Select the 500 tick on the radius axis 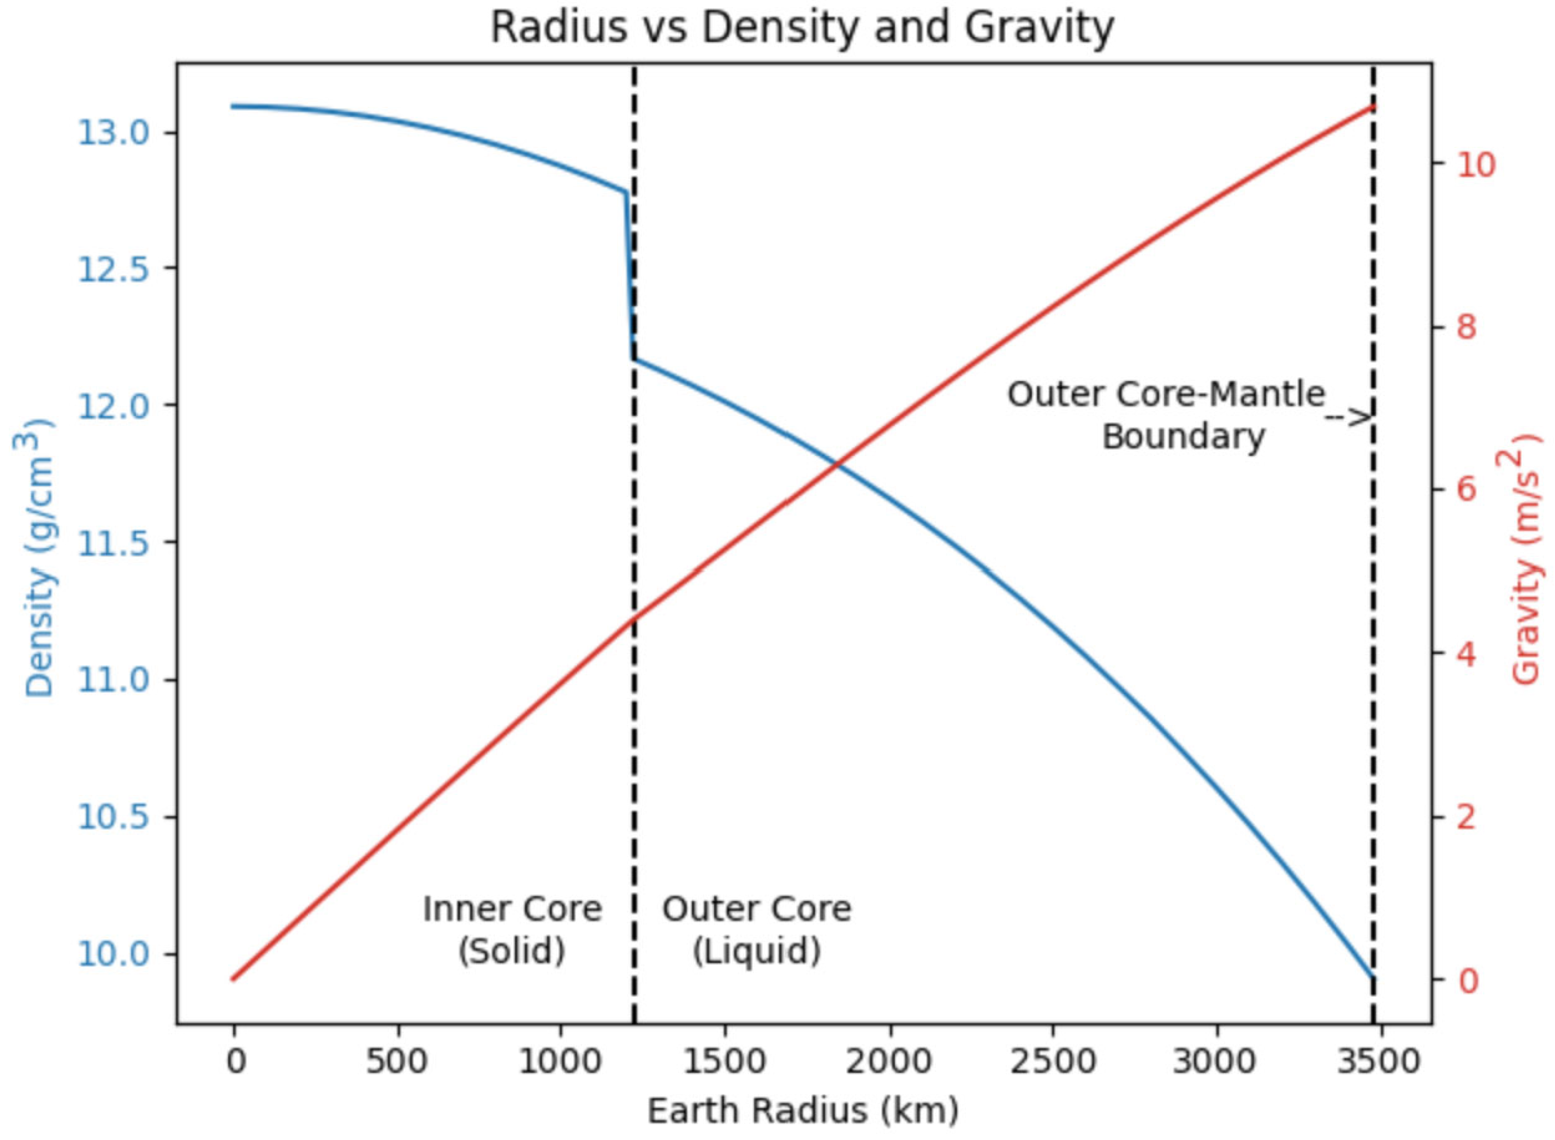pos(397,1061)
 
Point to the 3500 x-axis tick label pos(1378,1061)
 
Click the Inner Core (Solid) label pos(512,930)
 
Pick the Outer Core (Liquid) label pos(757,930)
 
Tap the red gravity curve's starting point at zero pos(234,979)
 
